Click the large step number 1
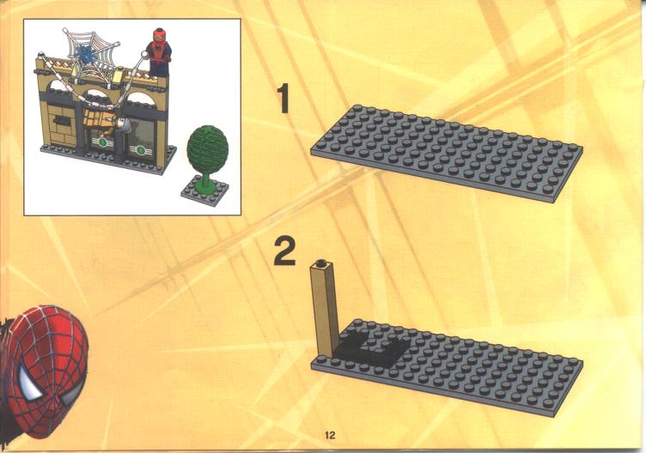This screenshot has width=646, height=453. click(283, 99)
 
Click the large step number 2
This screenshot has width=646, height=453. click(285, 251)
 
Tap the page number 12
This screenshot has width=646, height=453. click(330, 435)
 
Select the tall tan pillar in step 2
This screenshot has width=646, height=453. click(325, 309)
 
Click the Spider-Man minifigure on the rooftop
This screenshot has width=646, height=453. click(159, 51)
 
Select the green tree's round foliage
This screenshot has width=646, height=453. click(207, 149)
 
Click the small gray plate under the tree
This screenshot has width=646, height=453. click(204, 190)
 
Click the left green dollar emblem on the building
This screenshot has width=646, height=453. click(102, 143)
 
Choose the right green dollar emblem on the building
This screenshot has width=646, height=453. click(141, 150)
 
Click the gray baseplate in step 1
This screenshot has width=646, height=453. click(447, 153)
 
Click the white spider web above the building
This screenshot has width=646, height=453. click(91, 56)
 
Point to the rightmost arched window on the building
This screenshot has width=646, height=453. click(140, 100)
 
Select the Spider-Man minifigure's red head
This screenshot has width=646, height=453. click(159, 35)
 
